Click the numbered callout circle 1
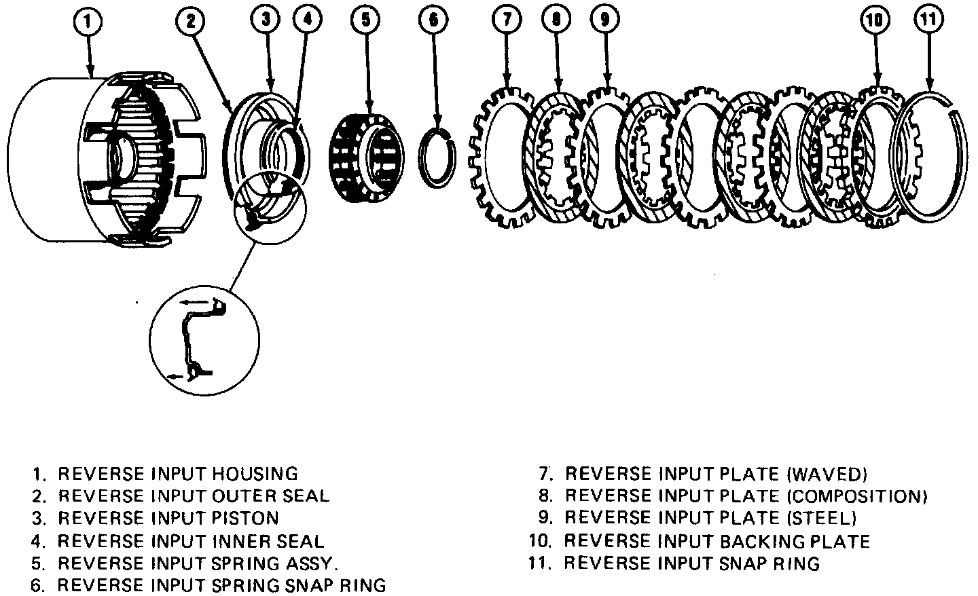click(x=90, y=21)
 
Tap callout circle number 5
click(x=366, y=20)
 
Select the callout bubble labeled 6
click(x=433, y=20)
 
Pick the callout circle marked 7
click(x=507, y=20)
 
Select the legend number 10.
click(x=540, y=542)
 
